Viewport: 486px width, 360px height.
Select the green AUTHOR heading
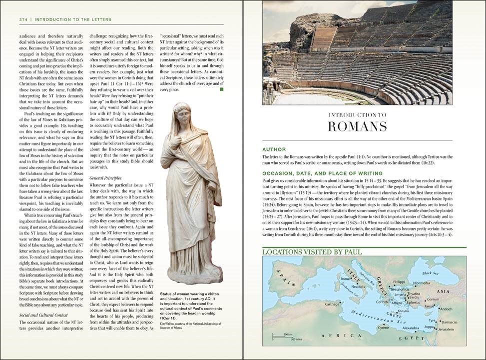tap(274, 149)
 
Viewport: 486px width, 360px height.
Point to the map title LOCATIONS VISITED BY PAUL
tap(312, 252)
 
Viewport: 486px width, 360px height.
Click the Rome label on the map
tap(344, 279)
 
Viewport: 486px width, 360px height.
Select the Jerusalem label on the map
tap(447, 329)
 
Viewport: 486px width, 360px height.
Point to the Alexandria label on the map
tap(411, 328)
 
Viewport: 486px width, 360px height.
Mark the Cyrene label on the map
tap(383, 327)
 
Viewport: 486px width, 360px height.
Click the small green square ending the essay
tap(221, 90)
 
